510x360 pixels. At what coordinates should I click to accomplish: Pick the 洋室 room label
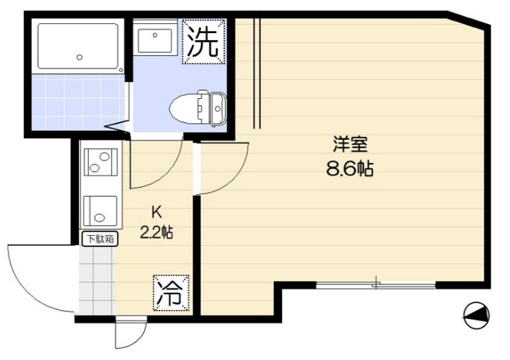pyautogui.click(x=350, y=145)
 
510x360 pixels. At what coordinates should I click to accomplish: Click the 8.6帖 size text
pyautogui.click(x=350, y=169)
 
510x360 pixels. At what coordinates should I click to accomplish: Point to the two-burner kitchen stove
pyautogui.click(x=100, y=162)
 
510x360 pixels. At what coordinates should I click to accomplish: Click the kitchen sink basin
pyautogui.click(x=99, y=209)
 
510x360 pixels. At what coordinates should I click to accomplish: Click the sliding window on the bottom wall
pyautogui.click(x=375, y=285)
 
